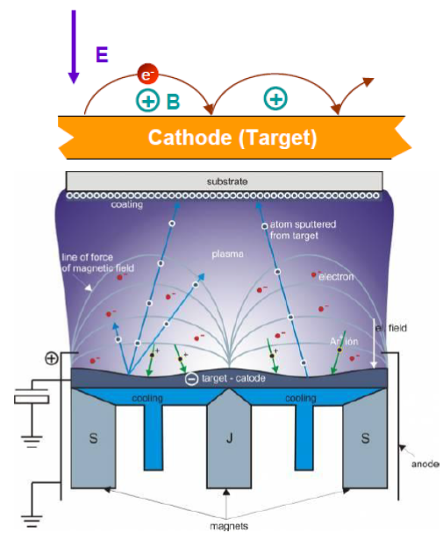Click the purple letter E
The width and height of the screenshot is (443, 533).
[102, 54]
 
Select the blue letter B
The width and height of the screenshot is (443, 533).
[173, 102]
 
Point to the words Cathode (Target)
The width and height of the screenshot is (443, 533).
[232, 138]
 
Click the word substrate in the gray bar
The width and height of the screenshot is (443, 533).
[227, 181]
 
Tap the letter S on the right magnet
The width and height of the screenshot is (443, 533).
[361, 436]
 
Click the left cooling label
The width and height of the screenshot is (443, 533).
[147, 397]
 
